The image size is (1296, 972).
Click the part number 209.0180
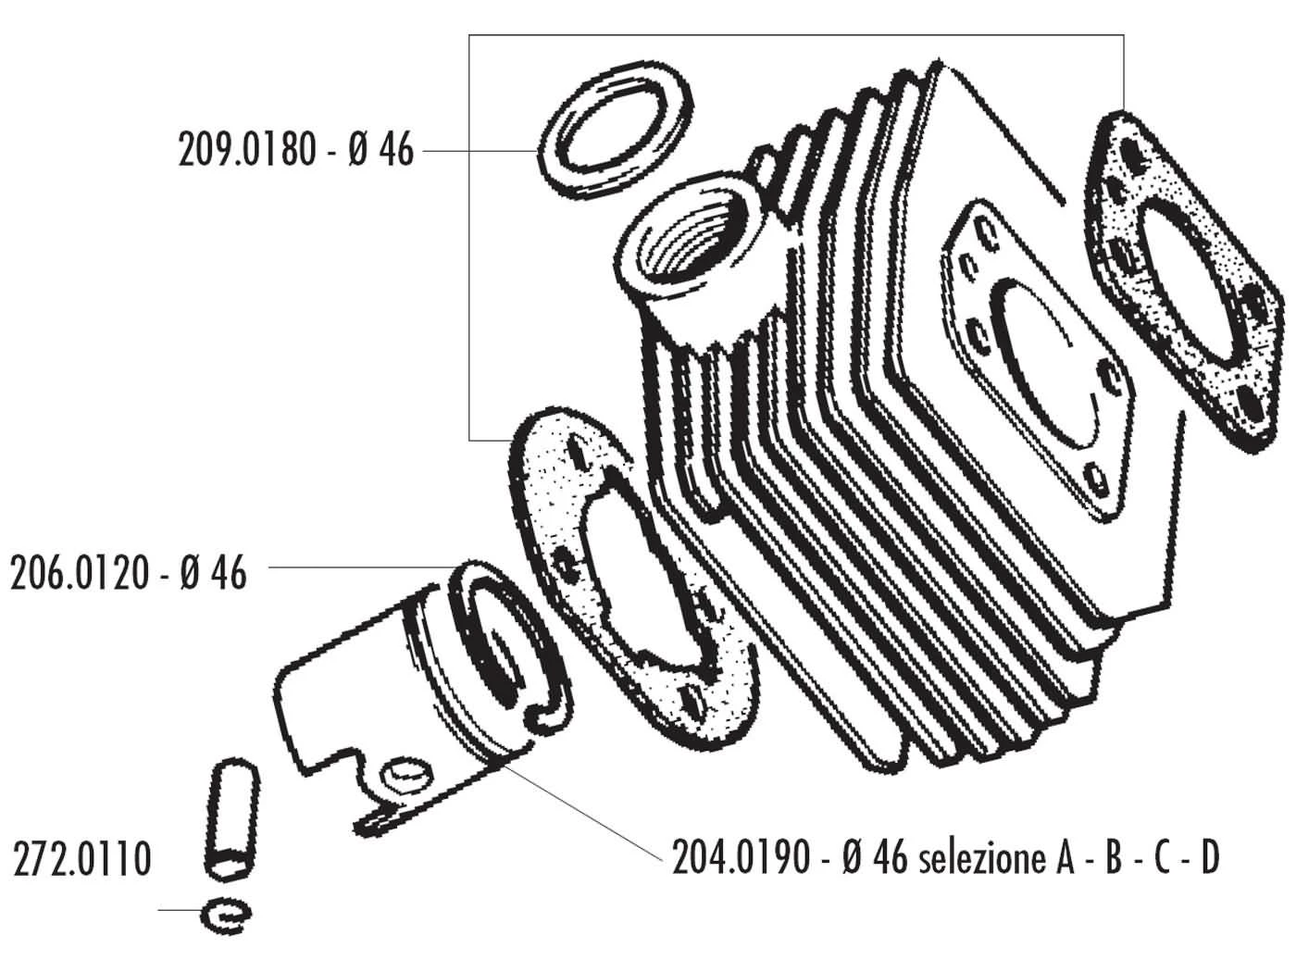247,150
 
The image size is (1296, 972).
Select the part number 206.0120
80,574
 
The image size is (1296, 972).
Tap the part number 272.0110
81,859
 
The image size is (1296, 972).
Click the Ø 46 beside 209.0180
381,150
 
